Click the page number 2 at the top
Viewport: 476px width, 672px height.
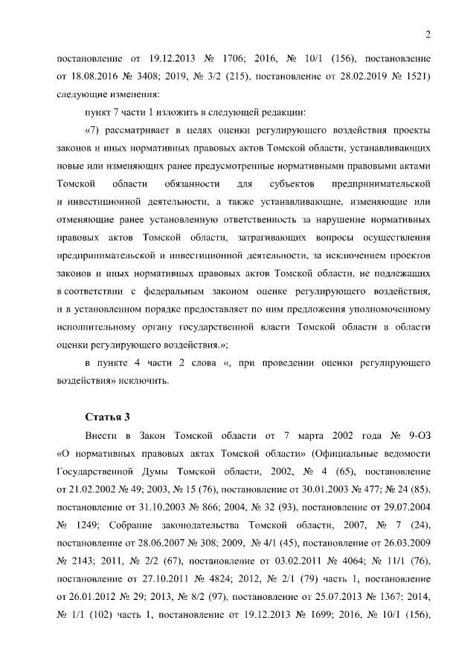pyautogui.click(x=428, y=33)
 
